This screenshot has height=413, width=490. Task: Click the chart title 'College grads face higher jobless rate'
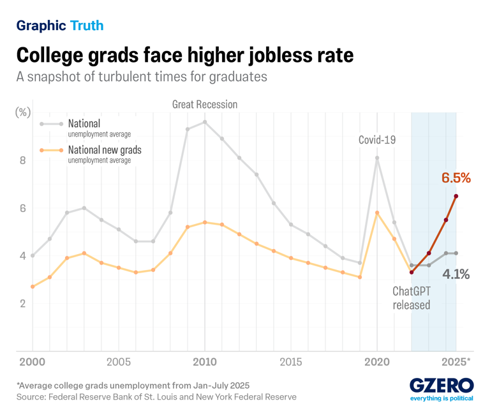point(184,55)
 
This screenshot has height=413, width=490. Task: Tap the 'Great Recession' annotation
point(204,104)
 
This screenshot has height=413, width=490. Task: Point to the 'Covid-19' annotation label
point(377,139)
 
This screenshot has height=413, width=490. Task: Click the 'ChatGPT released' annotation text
point(411,297)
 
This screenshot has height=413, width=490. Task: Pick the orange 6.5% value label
point(456,177)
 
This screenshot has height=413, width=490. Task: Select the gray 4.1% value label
point(456,275)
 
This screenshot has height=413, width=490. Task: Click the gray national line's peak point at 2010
point(204,122)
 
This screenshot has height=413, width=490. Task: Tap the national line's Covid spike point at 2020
point(377,158)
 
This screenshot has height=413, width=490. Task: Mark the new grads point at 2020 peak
point(377,213)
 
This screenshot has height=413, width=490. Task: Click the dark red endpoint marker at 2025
point(456,196)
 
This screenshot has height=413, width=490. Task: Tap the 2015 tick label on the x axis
point(291,362)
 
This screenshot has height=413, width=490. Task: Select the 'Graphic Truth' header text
point(60,26)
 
